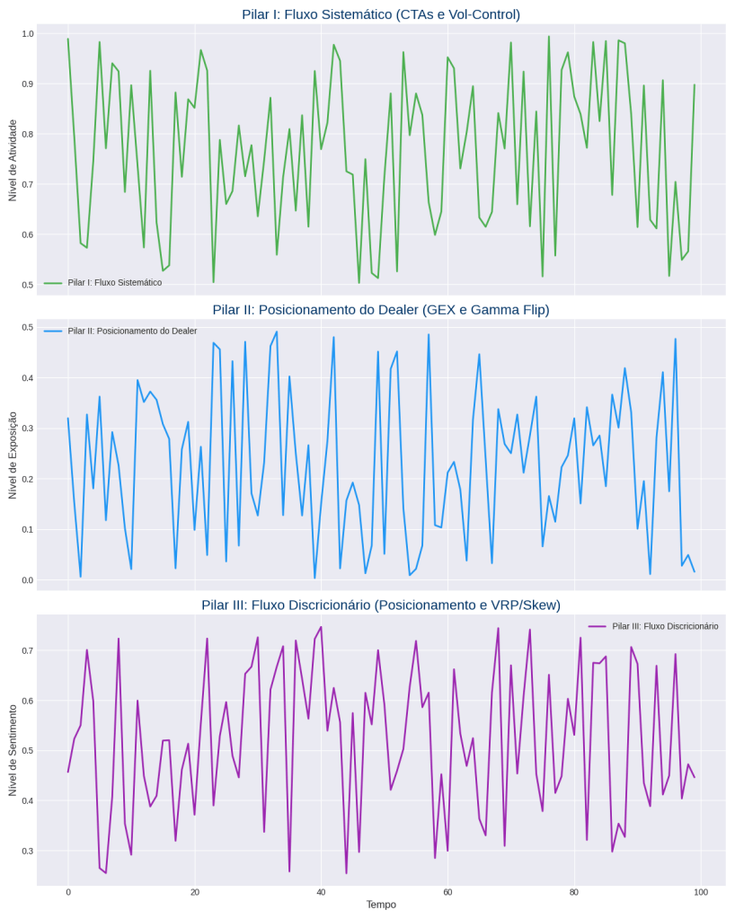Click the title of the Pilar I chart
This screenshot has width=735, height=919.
point(381,14)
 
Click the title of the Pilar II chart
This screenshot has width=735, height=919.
point(381,310)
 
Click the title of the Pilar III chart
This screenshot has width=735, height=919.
point(381,605)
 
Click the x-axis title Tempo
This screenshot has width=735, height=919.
point(381,905)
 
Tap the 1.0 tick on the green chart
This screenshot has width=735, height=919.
point(28,33)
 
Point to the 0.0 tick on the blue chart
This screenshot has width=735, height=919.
point(28,580)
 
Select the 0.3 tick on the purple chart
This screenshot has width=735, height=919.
point(28,851)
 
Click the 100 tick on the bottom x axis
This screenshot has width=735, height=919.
point(701,891)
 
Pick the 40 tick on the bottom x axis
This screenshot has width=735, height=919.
point(321,891)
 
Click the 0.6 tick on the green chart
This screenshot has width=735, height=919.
point(28,235)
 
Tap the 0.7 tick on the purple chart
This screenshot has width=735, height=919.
point(28,650)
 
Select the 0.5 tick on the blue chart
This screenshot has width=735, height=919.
point(28,328)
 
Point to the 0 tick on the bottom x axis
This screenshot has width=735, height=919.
point(67,891)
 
